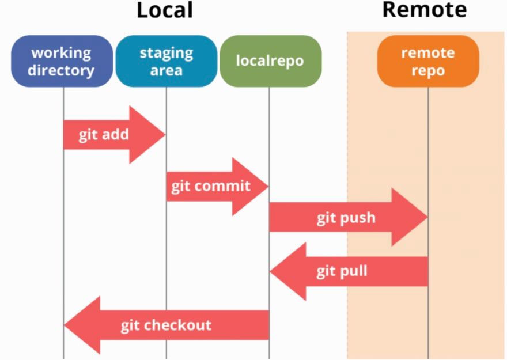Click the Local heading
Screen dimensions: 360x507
[164, 10]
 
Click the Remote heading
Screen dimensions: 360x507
[424, 10]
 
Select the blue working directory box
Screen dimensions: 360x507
[61, 61]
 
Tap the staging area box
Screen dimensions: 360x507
[166, 61]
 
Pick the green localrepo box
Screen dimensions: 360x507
[270, 61]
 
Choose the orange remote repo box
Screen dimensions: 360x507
[427, 61]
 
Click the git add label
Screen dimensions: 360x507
[104, 135]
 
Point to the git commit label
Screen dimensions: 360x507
[211, 187]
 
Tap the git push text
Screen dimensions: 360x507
[346, 218]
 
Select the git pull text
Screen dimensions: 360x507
[342, 271]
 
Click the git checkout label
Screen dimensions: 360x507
[166, 325]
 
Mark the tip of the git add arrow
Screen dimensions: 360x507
[165, 135]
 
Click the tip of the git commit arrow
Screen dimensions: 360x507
[268, 187]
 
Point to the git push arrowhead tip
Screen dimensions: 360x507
[427, 217]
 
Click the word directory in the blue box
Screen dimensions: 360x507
[61, 70]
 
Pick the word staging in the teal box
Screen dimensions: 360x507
[166, 52]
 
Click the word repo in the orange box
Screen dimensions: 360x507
[427, 70]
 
